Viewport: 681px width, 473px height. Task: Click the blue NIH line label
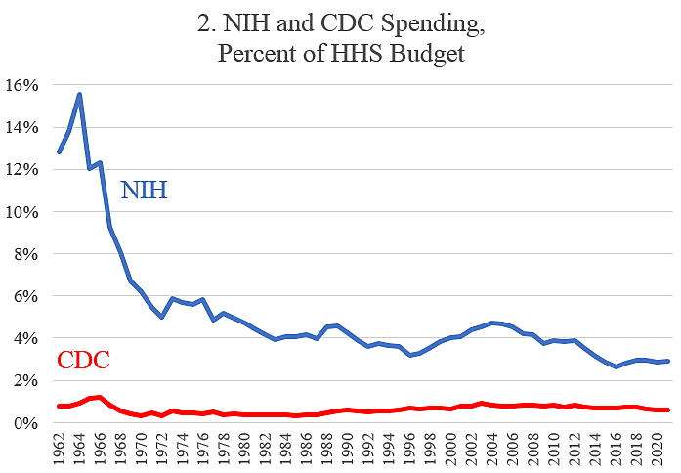tap(144, 190)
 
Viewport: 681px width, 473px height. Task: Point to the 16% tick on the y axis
tap(23, 85)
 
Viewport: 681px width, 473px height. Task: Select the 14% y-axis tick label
tap(23, 127)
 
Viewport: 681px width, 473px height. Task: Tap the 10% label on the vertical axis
tap(23, 212)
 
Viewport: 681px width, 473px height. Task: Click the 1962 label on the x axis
tap(60, 449)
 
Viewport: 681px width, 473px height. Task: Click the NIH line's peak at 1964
tap(79, 94)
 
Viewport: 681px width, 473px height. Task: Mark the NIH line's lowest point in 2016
tap(616, 366)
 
